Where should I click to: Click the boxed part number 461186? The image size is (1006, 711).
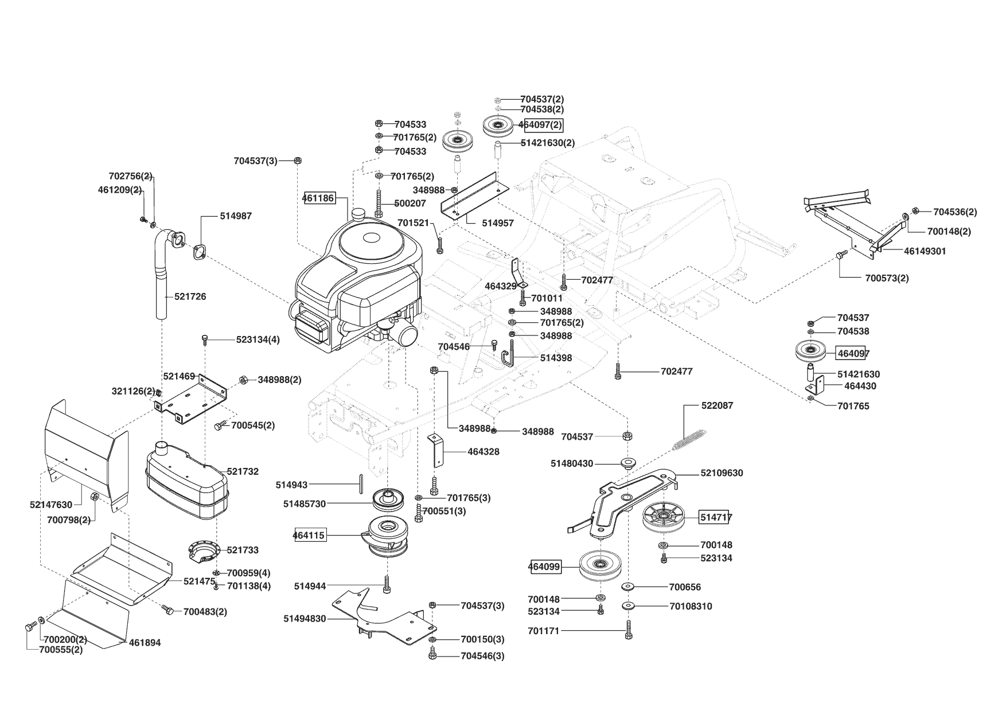click(319, 198)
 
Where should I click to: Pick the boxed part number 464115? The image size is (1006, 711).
click(309, 536)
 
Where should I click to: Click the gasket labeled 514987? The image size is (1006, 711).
click(199, 252)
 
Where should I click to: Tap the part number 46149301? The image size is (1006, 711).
click(925, 251)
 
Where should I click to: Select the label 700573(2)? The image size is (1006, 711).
click(887, 278)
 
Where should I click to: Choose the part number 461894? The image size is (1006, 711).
click(145, 643)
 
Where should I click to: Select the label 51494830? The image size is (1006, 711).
click(305, 619)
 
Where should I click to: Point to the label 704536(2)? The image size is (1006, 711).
click(955, 212)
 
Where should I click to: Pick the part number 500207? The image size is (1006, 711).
click(410, 203)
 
